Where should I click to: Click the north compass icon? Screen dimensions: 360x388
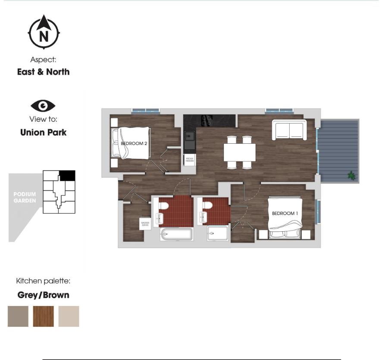coord(44,32)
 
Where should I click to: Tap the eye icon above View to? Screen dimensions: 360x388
coord(43,106)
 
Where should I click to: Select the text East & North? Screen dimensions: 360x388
coord(43,72)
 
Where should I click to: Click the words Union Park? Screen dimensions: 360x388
coord(43,133)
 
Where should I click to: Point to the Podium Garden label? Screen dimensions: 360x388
coord(25,197)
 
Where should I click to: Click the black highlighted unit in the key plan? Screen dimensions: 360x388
coord(67,175)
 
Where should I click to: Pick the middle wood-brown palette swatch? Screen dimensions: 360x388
coord(44,316)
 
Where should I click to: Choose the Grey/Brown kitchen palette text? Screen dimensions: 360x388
coord(43,295)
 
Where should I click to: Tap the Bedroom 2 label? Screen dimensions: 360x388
coord(135,143)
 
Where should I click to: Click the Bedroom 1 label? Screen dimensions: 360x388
coord(283,213)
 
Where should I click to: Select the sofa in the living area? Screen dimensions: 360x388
coord(289,130)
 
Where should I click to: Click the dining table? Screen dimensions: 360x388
coord(239,152)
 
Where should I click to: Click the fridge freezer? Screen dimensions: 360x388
coord(189,159)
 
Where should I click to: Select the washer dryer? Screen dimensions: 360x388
coord(145,224)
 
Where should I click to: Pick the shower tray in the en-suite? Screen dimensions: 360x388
coord(218,234)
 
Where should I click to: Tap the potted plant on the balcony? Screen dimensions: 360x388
coord(352,175)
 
